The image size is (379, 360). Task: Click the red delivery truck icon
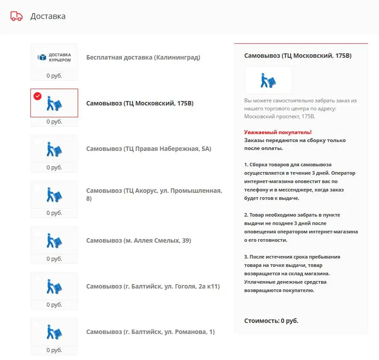point(16,16)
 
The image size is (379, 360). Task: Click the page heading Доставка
point(48,16)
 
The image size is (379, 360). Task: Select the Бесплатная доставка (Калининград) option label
point(143,57)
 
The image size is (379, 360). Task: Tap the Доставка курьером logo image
point(54,57)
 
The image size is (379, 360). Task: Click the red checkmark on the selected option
point(38,96)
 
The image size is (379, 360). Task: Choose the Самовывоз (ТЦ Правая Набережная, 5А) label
point(149,149)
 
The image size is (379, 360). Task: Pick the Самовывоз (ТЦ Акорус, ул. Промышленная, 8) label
point(154,195)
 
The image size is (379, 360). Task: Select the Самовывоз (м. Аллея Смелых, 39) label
point(139,240)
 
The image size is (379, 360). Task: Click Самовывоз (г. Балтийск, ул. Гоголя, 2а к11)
point(153,286)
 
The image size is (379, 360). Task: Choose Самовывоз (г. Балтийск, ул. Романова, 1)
point(150,332)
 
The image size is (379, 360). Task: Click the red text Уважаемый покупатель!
point(278,132)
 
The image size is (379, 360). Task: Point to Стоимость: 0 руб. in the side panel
point(271,321)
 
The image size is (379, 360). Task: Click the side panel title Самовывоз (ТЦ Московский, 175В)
point(298,56)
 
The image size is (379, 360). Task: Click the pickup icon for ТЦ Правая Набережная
point(54,149)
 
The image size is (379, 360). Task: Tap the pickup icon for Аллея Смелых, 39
point(54,240)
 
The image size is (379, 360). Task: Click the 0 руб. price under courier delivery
point(54,75)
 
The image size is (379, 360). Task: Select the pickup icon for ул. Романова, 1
point(54,332)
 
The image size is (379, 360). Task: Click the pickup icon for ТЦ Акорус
point(54,195)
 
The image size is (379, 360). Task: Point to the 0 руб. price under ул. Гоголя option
point(54,305)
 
